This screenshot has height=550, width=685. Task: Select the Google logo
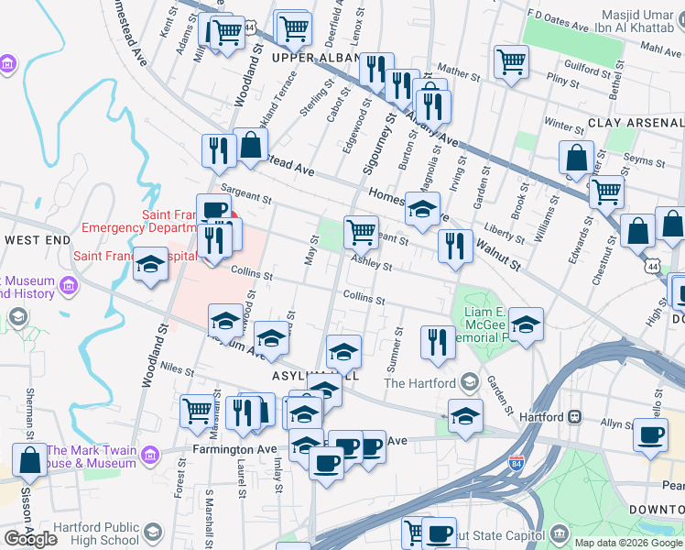[30, 539]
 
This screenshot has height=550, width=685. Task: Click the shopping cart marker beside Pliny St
[511, 61]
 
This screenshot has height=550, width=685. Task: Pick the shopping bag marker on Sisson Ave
[28, 461]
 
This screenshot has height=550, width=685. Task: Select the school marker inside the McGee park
[526, 324]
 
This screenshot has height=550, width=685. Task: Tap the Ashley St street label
[374, 264]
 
